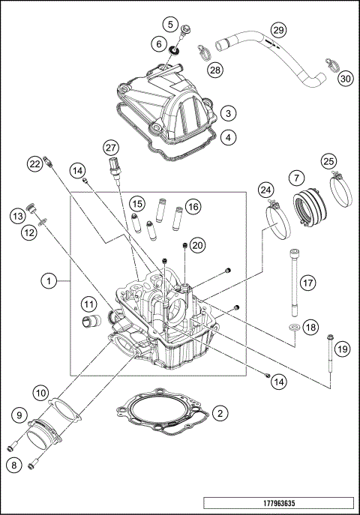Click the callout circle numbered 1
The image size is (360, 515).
[x=48, y=281]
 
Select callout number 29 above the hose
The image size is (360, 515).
[x=278, y=30]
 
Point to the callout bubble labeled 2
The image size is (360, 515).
[x=220, y=413]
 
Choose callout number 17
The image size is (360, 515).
[x=306, y=283]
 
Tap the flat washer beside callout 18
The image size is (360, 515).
[x=294, y=328]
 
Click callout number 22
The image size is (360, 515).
[x=34, y=163]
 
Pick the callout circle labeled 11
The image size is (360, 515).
[x=89, y=304]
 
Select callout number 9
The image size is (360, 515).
[x=17, y=414]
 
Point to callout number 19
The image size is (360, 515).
[x=343, y=349]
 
